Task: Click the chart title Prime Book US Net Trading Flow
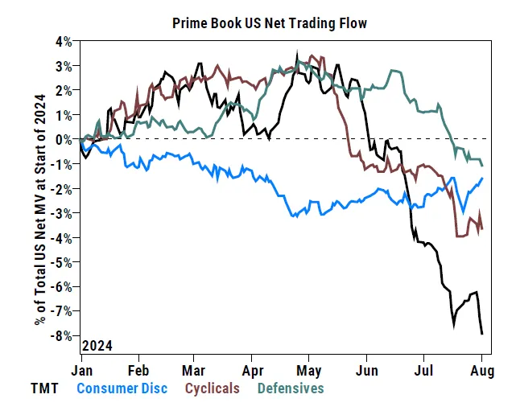(270, 23)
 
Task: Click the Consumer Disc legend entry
(122, 388)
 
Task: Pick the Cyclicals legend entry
(213, 388)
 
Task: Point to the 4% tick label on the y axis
(64, 41)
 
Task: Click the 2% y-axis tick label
(64, 90)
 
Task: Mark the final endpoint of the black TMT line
(481, 333)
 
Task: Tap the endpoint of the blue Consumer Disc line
(481, 179)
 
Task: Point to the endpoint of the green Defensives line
(481, 164)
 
